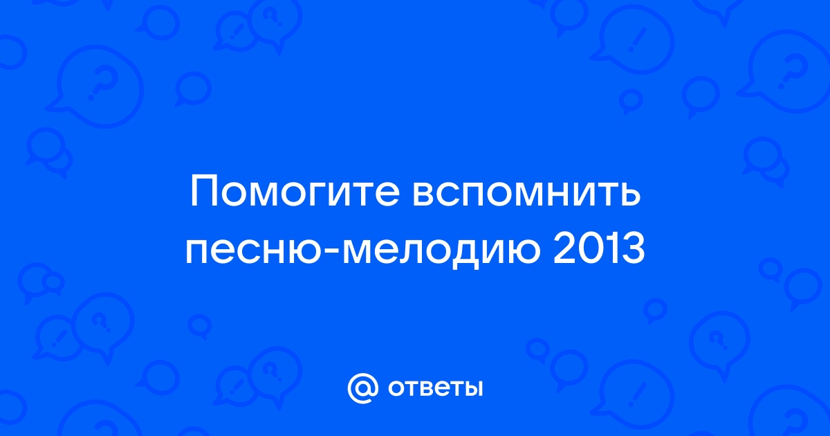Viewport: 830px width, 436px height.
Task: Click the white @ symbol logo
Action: click(x=363, y=388)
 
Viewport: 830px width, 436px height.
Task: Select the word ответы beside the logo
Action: click(x=435, y=389)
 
